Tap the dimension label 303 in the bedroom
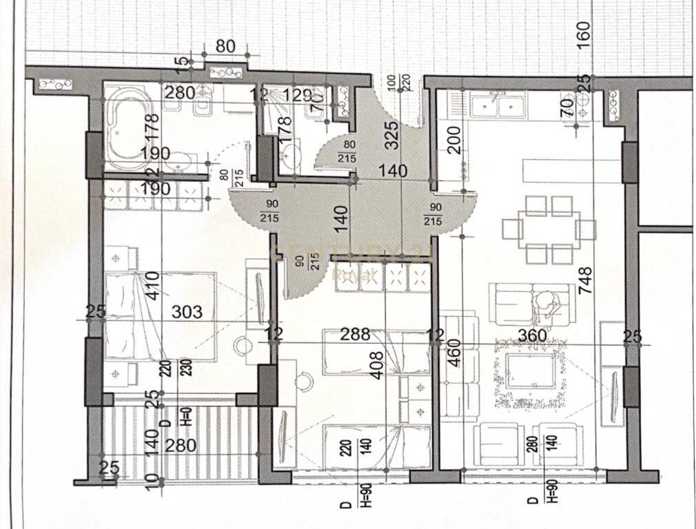click(187, 312)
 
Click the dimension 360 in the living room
click(532, 335)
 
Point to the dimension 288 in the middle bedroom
click(356, 335)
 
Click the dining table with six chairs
click(549, 229)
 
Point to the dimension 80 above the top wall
click(225, 47)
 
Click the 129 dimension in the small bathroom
click(296, 94)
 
